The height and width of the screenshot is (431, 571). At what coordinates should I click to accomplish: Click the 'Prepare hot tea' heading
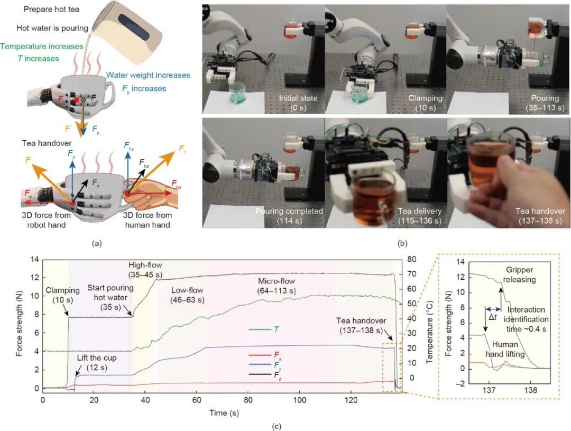point(51,9)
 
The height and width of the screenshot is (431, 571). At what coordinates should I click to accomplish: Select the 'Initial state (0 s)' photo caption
point(298,103)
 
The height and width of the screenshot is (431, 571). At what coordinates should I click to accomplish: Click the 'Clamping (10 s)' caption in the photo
point(425,103)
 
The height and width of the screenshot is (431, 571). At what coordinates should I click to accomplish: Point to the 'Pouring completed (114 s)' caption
point(289,216)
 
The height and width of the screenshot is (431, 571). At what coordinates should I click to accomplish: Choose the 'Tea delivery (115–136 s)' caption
point(419,216)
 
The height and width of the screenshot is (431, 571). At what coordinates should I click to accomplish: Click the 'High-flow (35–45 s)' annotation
point(145,270)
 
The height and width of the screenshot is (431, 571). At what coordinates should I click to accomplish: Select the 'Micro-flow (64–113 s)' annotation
point(277,286)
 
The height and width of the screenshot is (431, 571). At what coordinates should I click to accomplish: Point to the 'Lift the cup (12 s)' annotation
point(97,362)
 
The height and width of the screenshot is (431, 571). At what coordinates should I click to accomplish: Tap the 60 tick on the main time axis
point(197,400)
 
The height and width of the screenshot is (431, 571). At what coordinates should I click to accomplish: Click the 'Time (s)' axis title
point(224,413)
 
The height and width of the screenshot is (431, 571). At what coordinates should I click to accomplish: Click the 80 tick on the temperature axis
point(411,260)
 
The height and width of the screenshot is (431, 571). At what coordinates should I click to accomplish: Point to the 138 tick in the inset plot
point(531,390)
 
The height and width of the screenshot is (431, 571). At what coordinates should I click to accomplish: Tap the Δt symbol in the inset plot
point(492,317)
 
